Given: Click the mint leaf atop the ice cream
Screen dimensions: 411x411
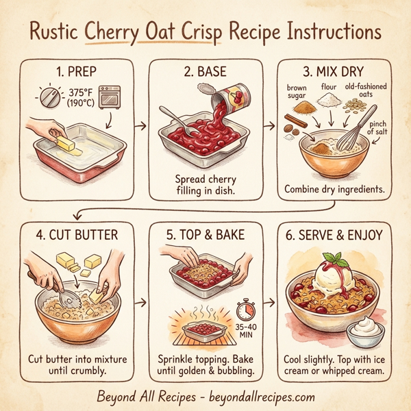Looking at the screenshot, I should click(336, 260).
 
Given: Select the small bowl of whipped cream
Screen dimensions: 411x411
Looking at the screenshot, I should click(364, 334).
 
